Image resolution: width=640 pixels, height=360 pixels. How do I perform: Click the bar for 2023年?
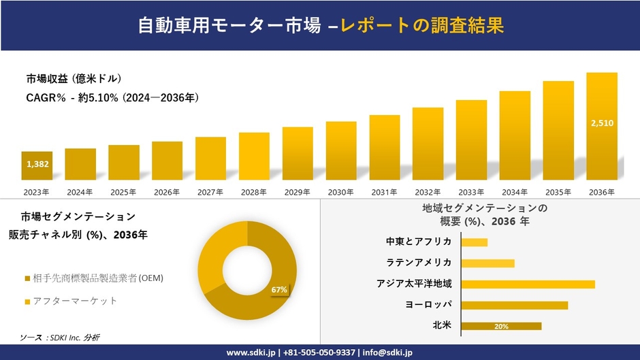[37, 165]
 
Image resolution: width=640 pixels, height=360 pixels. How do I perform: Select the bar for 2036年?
[602, 126]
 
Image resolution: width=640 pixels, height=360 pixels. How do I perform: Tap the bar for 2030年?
[341, 150]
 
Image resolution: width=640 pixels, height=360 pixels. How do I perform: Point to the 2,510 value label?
[602, 123]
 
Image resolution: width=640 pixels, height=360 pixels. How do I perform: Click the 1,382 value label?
[37, 164]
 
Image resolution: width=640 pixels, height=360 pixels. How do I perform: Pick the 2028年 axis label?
[254, 192]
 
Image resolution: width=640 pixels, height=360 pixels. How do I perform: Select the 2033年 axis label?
[471, 192]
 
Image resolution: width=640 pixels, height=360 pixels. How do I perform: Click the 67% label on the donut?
[279, 290]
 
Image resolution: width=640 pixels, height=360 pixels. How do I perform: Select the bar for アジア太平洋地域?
[528, 284]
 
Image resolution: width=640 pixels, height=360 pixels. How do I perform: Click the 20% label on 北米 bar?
[501, 327]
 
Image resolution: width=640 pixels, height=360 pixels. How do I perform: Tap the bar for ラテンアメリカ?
[487, 263]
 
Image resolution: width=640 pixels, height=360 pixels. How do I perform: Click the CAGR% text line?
[112, 98]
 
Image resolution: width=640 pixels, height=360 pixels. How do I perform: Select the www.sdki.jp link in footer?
[251, 353]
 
